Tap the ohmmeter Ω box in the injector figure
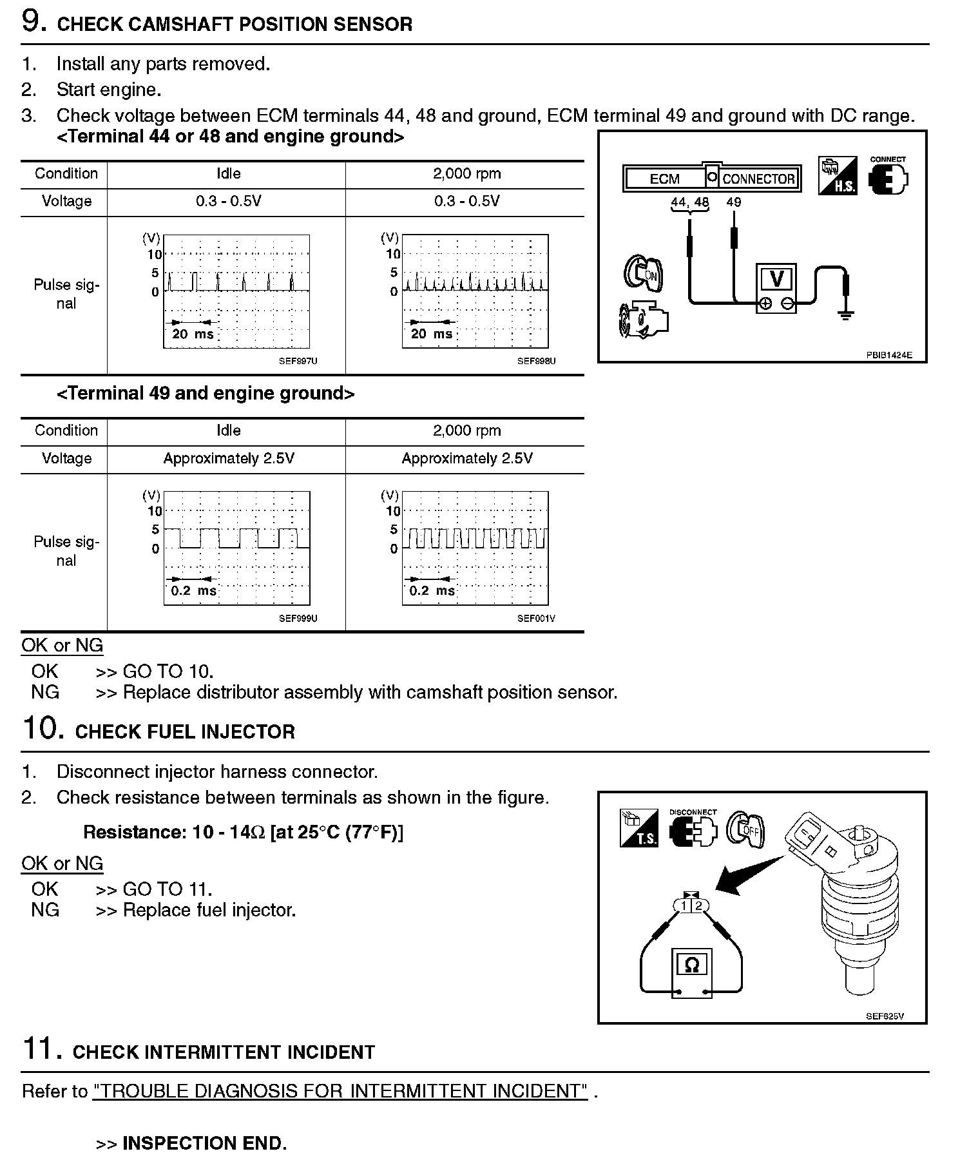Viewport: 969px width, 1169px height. coord(691,965)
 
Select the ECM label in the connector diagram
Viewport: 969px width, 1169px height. coord(664,179)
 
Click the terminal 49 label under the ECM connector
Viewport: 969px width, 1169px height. coord(733,202)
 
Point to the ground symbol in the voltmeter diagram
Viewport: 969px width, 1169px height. coord(846,314)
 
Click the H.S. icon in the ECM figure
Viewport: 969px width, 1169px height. coord(837,175)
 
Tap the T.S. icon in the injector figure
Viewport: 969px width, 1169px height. coord(638,828)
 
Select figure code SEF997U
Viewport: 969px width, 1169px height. coord(298,362)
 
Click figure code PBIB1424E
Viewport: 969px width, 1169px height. coord(888,355)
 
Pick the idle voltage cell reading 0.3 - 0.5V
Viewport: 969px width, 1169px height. coord(228,201)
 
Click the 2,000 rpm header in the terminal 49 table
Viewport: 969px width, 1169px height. coord(466,430)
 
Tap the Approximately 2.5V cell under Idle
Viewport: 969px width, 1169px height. coord(228,458)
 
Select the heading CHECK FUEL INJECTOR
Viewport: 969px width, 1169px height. coord(185,732)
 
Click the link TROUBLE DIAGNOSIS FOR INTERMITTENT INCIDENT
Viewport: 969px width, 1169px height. coord(340,1091)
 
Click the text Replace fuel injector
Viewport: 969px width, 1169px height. coord(209,910)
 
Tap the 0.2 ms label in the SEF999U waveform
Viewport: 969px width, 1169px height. coord(193,591)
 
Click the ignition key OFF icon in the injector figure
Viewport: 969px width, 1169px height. coord(746,829)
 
